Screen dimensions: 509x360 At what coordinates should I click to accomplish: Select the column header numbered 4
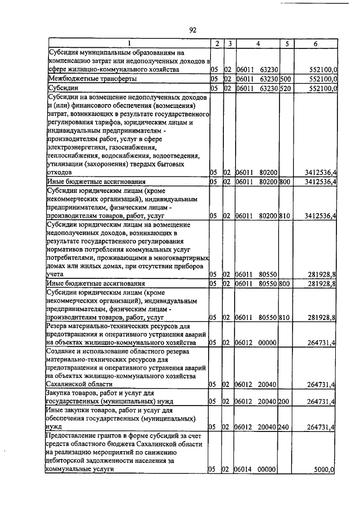tap(256, 43)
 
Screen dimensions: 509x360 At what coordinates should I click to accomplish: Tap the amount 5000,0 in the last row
tap(325, 469)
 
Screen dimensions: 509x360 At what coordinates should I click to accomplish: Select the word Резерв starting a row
tap(59, 326)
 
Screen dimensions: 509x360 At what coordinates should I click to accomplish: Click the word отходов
tap(59, 172)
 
